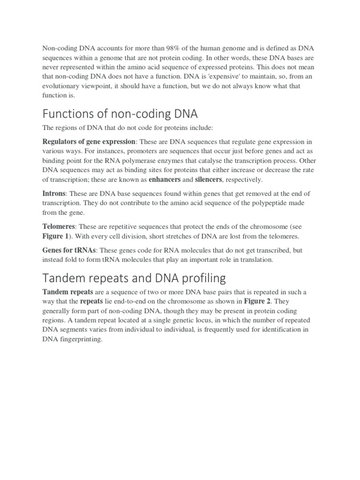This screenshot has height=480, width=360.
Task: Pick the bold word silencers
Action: [x=211, y=180]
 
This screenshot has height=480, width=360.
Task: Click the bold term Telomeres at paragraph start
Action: [x=59, y=226]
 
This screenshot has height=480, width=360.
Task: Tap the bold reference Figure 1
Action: [x=56, y=236]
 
